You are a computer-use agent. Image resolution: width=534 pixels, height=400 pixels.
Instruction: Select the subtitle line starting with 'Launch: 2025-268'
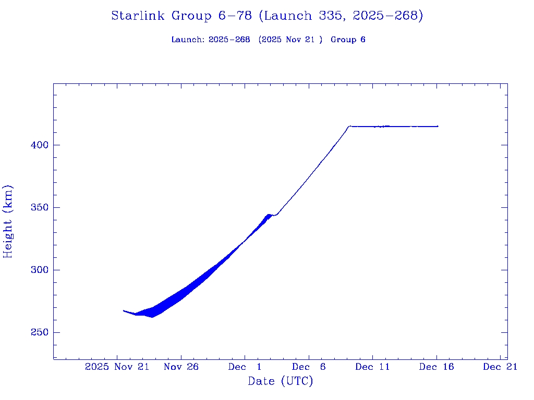tap(268, 40)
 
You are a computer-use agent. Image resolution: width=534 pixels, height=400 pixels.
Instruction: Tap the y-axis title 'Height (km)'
tap(8, 221)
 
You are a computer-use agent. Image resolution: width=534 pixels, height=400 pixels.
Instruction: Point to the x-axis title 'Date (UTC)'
tap(280, 381)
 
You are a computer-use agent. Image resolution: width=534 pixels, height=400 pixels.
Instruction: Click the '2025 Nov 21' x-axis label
tap(117, 367)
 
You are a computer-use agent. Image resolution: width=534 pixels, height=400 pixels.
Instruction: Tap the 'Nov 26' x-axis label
tap(181, 367)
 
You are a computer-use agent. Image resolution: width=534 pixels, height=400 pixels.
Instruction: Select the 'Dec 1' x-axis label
tap(245, 367)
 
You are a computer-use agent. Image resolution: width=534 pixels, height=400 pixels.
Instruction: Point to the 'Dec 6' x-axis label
tap(309, 367)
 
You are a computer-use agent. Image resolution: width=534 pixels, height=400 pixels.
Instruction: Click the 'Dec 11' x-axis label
tap(372, 367)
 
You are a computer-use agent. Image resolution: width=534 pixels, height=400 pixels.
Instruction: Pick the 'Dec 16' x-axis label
tap(436, 367)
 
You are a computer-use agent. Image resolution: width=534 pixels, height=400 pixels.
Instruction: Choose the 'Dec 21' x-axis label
tap(500, 367)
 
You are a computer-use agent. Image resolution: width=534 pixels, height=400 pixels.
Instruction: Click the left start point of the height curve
tap(124, 310)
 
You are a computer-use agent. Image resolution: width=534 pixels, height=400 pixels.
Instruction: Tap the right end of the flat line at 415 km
tap(438, 126)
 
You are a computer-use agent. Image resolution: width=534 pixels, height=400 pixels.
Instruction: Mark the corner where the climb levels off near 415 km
tap(349, 126)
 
